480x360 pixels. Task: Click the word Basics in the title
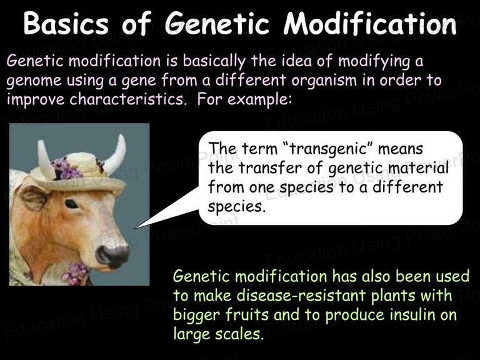[66, 24]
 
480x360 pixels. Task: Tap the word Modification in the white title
[370, 24]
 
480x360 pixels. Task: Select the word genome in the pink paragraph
[34, 81]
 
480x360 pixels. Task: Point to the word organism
[324, 81]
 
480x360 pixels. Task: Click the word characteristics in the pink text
[128, 99]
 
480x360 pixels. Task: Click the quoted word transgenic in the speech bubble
[328, 149]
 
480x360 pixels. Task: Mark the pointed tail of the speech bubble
[135, 228]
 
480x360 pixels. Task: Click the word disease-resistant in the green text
[301, 296]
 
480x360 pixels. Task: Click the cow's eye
[72, 204]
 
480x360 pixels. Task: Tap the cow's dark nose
[112, 256]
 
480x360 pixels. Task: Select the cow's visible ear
[34, 197]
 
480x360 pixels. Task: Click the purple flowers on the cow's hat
[66, 169]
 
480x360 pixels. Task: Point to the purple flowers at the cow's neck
[76, 274]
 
